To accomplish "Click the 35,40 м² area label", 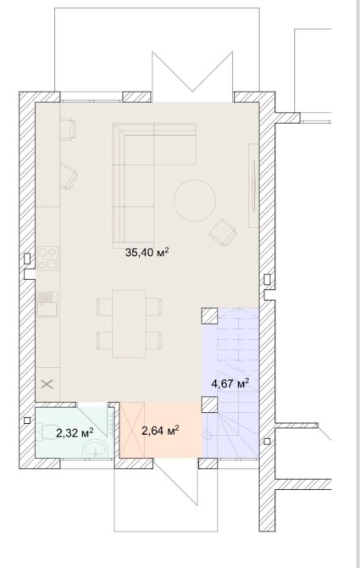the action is pos(147,252).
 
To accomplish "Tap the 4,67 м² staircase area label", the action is pos(230,383).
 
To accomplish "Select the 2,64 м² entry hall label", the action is pos(161,431).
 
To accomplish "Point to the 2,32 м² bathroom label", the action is pos(75,432).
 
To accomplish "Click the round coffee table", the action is pos(195,200).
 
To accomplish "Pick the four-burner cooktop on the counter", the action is pos(47,258).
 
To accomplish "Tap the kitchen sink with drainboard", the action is pos(47,304).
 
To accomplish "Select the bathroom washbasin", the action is pos(95,450).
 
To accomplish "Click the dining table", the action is pos(129,324).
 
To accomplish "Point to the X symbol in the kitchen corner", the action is pos(47,384).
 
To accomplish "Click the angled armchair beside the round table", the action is pos(223,232).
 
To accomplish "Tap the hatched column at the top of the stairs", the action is pos(209,315).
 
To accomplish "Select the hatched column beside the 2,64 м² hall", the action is pos(209,404).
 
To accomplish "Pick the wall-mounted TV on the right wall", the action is pos(253,185).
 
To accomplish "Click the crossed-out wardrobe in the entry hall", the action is pos(132,430).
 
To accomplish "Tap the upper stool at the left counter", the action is pos(68,129).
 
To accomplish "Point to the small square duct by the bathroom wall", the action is pos(27,420).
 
